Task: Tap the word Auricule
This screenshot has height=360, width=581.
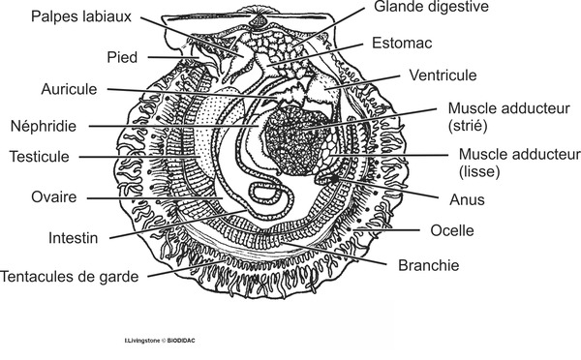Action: [x=70, y=90]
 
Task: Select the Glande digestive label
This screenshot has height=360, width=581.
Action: [x=433, y=7]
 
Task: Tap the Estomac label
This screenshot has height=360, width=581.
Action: [x=402, y=44]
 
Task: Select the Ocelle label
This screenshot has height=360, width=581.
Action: [x=449, y=231]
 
